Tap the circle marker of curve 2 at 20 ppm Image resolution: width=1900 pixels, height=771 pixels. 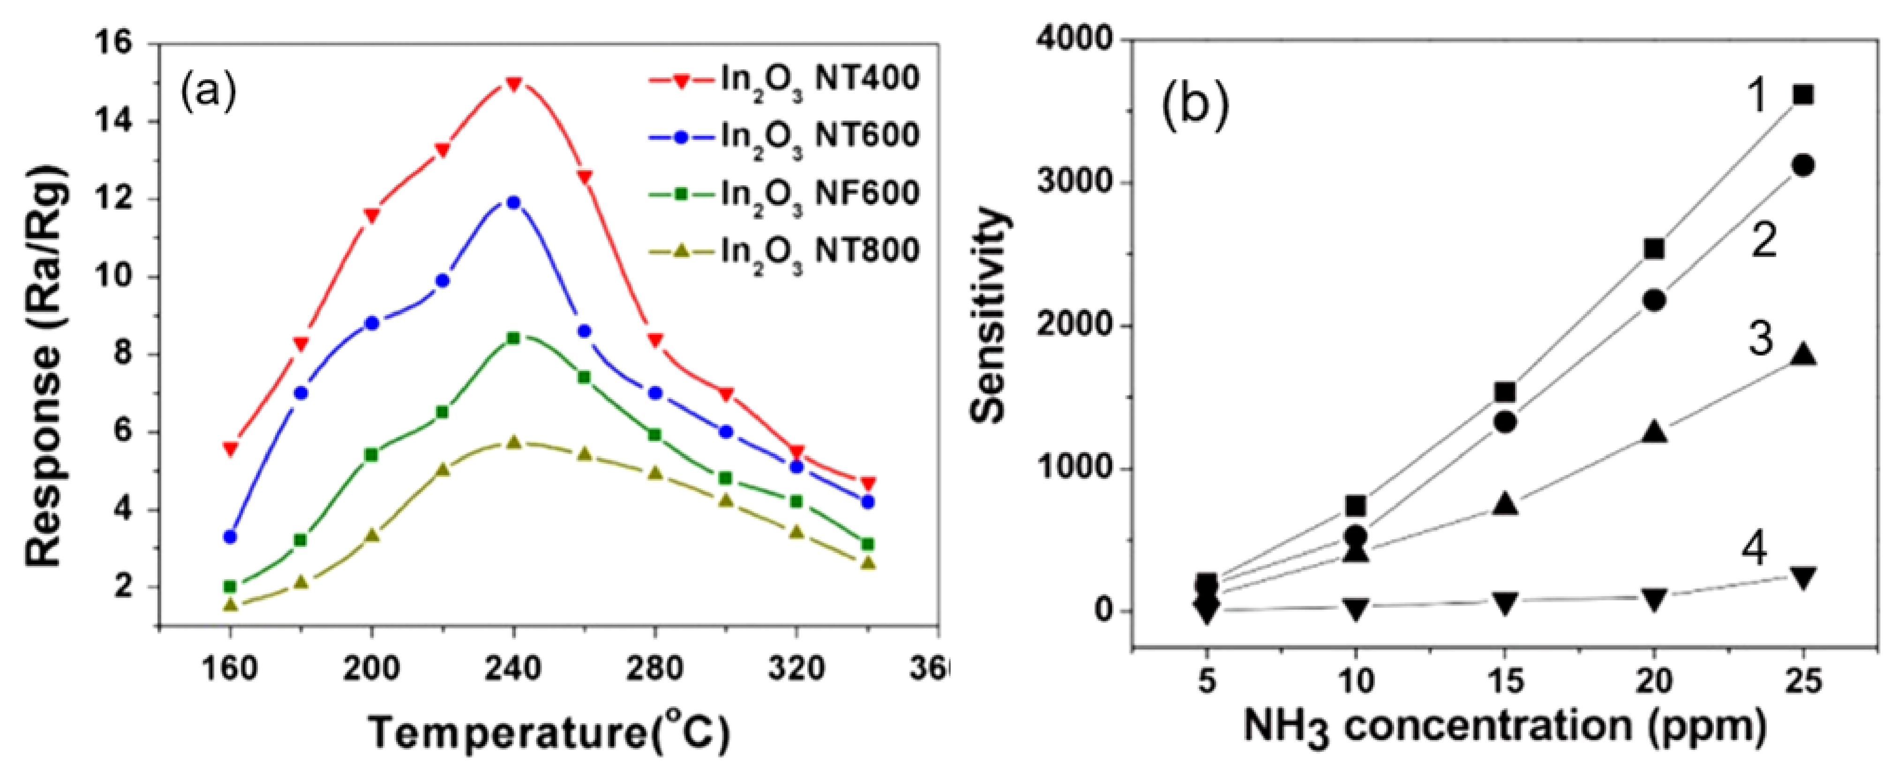tap(1654, 300)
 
